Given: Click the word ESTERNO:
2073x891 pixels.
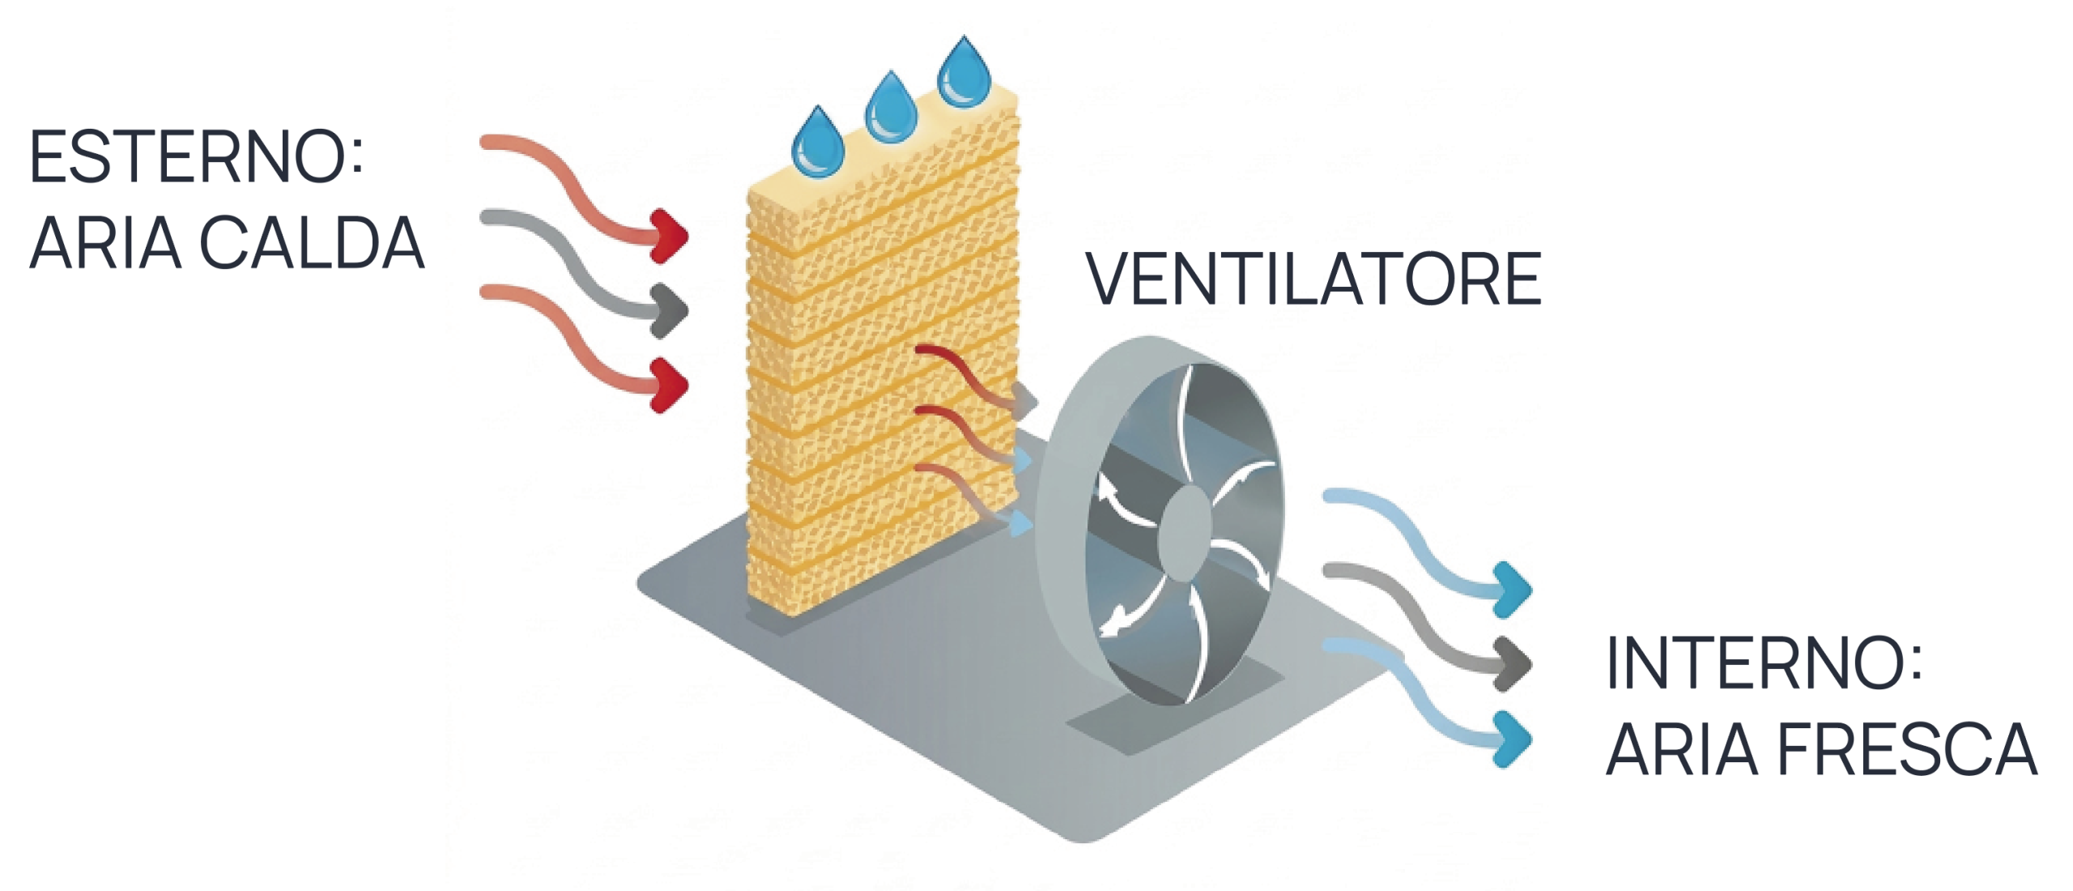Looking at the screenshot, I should pos(196,156).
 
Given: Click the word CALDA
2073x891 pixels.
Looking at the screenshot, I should pos(312,242).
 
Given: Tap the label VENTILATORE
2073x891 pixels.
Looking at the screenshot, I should pos(1313,279).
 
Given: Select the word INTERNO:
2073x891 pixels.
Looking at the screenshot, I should pos(1764,663).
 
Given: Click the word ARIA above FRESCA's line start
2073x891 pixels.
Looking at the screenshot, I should pos(1681,749).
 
